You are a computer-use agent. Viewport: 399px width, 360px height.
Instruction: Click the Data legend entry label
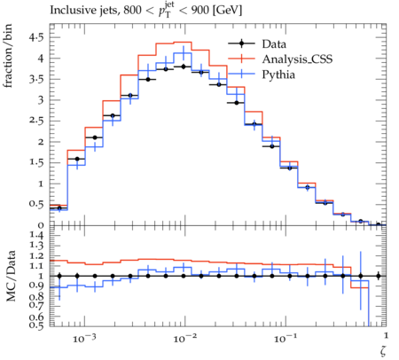tap(274, 44)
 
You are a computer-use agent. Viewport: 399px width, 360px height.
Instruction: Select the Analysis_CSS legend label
tap(297, 59)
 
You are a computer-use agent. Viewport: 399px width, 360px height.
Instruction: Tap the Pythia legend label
tap(278, 74)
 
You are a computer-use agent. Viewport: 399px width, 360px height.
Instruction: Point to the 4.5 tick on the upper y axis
tap(36, 37)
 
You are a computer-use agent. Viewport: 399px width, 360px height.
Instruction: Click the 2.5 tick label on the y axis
tap(36, 121)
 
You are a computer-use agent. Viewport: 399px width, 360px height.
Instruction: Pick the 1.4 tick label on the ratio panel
tap(36, 235)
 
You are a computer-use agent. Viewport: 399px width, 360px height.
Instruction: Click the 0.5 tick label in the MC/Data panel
tap(36, 325)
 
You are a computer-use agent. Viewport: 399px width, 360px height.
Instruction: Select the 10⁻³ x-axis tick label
tap(84, 338)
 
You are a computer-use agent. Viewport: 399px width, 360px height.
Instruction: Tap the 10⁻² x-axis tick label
tap(184, 338)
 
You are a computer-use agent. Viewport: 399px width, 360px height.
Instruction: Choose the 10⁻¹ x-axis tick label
tap(285, 338)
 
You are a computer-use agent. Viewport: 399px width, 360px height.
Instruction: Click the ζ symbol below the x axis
tap(383, 351)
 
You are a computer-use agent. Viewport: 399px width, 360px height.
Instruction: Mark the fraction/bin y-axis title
tap(8, 56)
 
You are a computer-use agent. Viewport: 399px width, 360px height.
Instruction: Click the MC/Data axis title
tap(11, 276)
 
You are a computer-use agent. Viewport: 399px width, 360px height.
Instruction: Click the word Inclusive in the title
tap(69, 10)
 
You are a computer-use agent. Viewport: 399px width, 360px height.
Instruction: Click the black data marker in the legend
tap(241, 43)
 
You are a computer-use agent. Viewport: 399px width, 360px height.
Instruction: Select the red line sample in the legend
tap(241, 59)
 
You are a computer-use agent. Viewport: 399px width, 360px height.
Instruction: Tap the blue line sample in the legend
tap(241, 74)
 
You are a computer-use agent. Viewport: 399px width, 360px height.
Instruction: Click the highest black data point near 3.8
tap(184, 67)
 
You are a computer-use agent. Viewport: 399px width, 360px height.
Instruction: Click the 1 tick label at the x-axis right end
tap(386, 335)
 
